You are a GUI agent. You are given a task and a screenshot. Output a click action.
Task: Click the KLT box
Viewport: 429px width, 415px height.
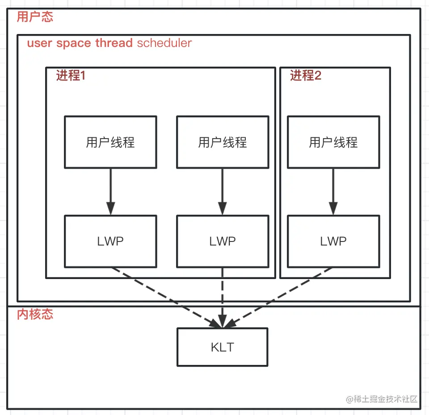point(223,347)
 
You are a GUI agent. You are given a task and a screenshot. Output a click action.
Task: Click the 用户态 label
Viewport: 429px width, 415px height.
point(35,17)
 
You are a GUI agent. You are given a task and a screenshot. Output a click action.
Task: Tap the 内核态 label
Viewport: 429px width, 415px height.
point(35,314)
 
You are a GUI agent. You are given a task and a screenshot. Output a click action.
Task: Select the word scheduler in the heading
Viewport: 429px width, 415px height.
point(164,43)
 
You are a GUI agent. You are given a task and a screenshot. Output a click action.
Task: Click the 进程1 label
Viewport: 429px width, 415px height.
point(71,76)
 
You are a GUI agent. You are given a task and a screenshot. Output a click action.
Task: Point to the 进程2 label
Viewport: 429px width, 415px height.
point(306,76)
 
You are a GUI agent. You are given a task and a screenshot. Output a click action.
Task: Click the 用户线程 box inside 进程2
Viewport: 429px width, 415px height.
point(333,142)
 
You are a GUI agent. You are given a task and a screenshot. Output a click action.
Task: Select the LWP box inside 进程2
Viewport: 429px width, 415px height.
point(333,241)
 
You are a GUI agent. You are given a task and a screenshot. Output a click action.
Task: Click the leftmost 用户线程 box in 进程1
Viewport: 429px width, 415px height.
point(110,142)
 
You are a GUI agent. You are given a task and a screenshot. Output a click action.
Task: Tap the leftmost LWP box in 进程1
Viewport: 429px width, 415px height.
point(110,241)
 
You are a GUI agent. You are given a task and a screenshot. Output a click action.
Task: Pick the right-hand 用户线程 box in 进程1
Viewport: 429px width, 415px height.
point(223,142)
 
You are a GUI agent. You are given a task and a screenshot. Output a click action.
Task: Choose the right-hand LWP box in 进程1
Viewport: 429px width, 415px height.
point(223,241)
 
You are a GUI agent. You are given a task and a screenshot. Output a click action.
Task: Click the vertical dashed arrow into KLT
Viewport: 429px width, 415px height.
point(223,297)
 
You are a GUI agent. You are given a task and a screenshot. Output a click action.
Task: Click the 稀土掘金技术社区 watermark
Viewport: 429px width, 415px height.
point(382,399)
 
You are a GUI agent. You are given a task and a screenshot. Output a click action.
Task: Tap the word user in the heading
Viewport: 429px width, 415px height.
point(40,43)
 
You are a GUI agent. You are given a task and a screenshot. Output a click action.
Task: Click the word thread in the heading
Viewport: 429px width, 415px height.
point(114,43)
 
